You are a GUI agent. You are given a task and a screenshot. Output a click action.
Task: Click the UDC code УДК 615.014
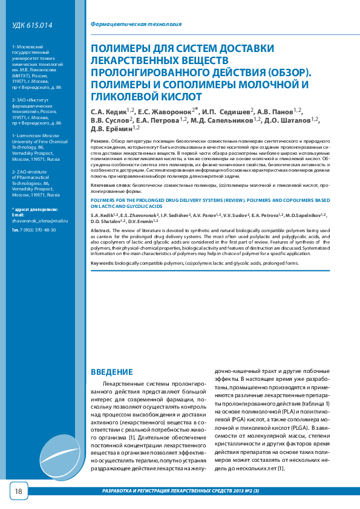coord(32,25)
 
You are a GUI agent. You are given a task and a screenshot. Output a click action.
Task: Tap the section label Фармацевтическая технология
coord(136,25)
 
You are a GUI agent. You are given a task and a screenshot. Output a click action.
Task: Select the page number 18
coord(18,491)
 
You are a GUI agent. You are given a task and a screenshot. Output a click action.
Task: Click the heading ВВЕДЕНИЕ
coord(111,372)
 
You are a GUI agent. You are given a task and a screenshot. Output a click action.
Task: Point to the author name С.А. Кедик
coord(108,112)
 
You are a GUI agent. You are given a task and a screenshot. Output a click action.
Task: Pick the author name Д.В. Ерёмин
coord(111,129)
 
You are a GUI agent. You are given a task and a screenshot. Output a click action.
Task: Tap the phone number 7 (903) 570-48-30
coord(38,230)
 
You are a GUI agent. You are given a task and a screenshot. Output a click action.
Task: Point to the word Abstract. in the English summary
coord(100,230)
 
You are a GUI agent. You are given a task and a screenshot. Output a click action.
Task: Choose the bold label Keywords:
coord(102,264)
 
